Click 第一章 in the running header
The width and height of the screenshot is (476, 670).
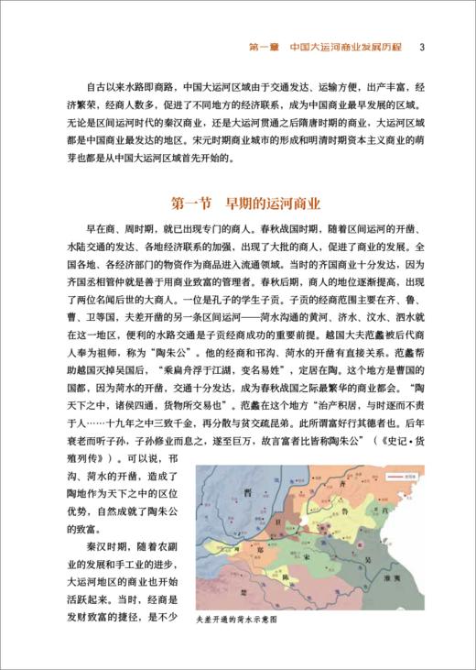click(264, 47)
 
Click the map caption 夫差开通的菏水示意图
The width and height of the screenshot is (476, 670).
click(236, 620)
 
